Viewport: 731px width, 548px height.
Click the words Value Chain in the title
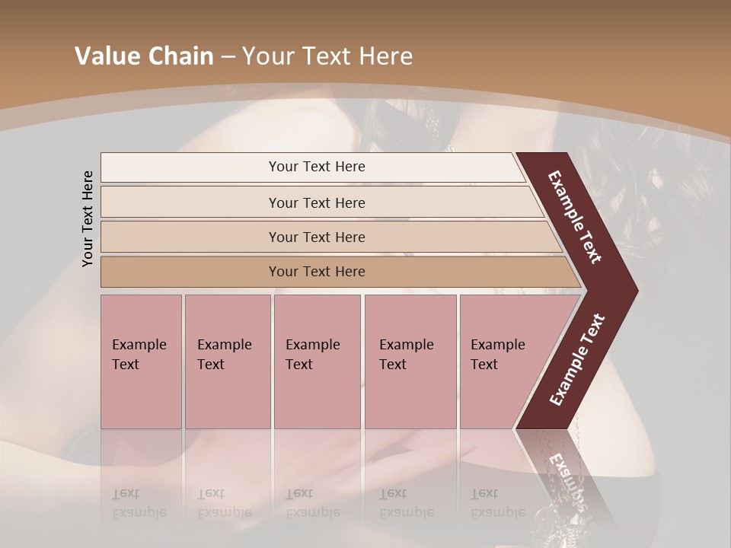pyautogui.click(x=144, y=56)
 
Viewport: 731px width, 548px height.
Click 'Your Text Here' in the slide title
pyautogui.click(x=327, y=56)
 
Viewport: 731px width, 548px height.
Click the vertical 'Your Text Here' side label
pyautogui.click(x=88, y=218)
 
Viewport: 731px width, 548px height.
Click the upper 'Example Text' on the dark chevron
pyautogui.click(x=575, y=217)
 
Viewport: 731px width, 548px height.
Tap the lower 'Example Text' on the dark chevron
pyautogui.click(x=576, y=360)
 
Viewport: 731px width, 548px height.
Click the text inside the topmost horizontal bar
pyautogui.click(x=317, y=167)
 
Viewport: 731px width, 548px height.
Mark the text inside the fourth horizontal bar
pyautogui.click(x=317, y=272)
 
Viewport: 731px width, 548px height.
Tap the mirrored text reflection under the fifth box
pyautogui.click(x=487, y=503)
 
